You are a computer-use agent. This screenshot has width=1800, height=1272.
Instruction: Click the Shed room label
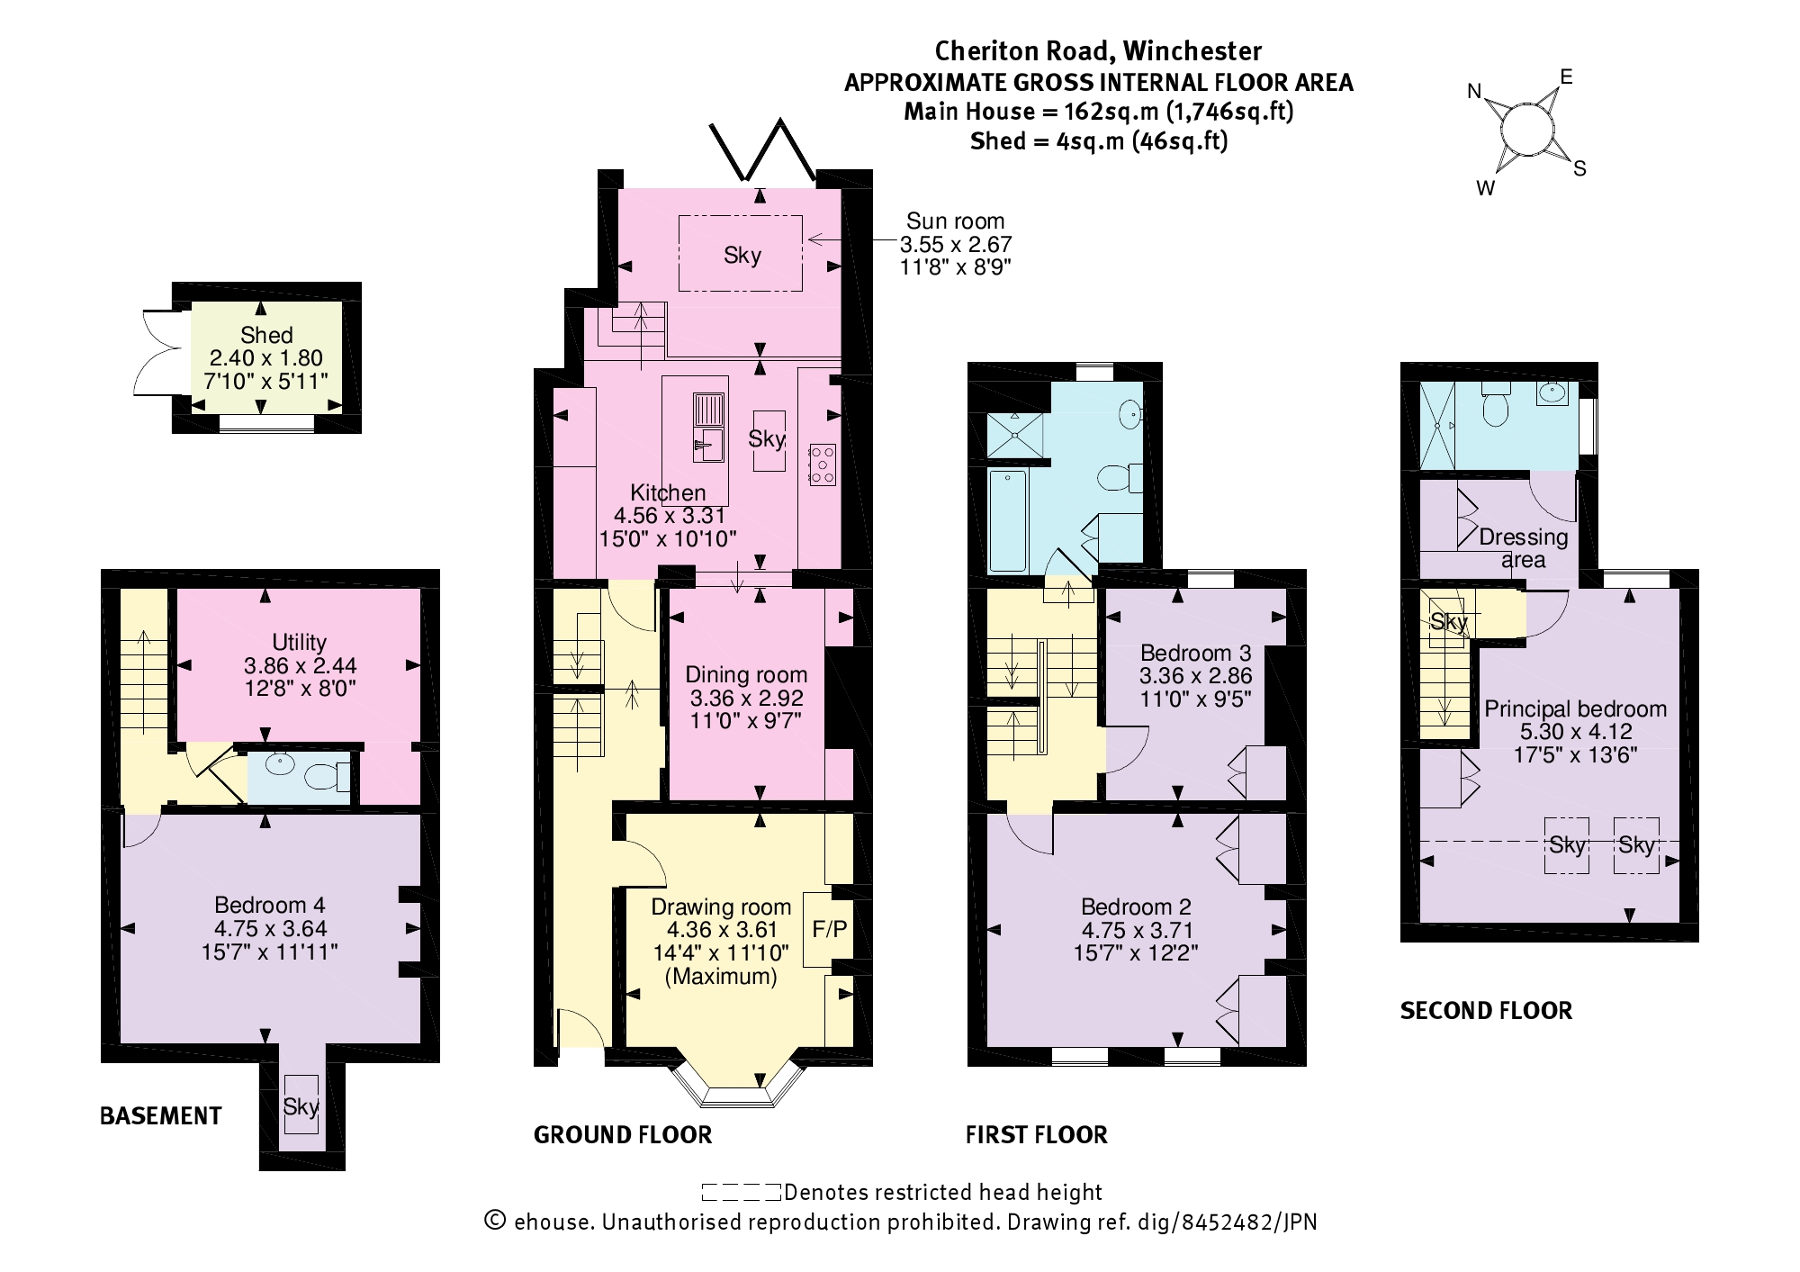pos(266,335)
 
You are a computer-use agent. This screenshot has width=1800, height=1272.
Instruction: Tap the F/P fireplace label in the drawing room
pos(829,929)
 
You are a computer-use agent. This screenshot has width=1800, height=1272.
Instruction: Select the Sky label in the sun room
pos(742,255)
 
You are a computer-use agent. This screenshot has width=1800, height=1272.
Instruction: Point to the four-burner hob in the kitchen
pos(821,465)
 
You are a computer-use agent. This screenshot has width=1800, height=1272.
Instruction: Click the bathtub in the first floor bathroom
pos(1007,519)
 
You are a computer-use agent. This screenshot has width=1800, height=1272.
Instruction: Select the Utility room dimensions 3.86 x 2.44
pos(300,665)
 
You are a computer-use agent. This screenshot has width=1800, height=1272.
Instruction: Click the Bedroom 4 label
pos(269,905)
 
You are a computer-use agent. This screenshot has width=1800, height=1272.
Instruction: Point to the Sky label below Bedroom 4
pos(301,1105)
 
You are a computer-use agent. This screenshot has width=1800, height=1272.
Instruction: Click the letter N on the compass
pos(1474,91)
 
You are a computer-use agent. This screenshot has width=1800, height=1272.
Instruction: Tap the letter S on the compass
pos(1579,168)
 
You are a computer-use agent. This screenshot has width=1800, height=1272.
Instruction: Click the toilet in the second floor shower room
pos(1495,410)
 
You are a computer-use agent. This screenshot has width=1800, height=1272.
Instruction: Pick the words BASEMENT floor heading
pos(160,1116)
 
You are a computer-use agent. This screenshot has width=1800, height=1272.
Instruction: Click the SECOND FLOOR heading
pos(1486,1010)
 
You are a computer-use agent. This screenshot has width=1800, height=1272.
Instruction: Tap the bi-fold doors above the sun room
pos(762,149)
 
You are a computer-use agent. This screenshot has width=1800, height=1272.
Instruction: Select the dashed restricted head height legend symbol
pos(741,1193)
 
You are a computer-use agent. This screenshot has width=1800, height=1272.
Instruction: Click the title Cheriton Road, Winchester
pos(1097,50)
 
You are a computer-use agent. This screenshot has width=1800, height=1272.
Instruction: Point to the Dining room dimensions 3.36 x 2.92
pos(746,698)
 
